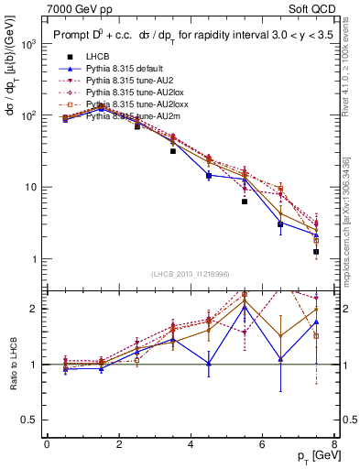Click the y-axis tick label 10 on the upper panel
[29, 187]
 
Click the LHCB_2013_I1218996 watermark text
[191, 274]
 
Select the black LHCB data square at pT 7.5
[316, 251]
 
